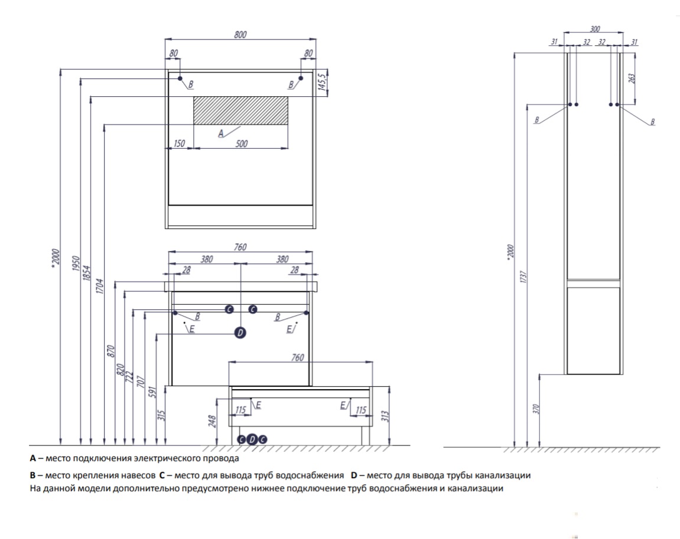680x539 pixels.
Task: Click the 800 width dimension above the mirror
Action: [240, 35]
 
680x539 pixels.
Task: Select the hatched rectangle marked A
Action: [240, 110]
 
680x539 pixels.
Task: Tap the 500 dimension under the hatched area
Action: [241, 143]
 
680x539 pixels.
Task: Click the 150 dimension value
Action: [180, 143]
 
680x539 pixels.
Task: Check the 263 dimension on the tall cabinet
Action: [632, 79]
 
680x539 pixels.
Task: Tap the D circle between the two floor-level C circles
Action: [252, 439]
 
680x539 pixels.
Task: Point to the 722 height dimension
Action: [130, 377]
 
